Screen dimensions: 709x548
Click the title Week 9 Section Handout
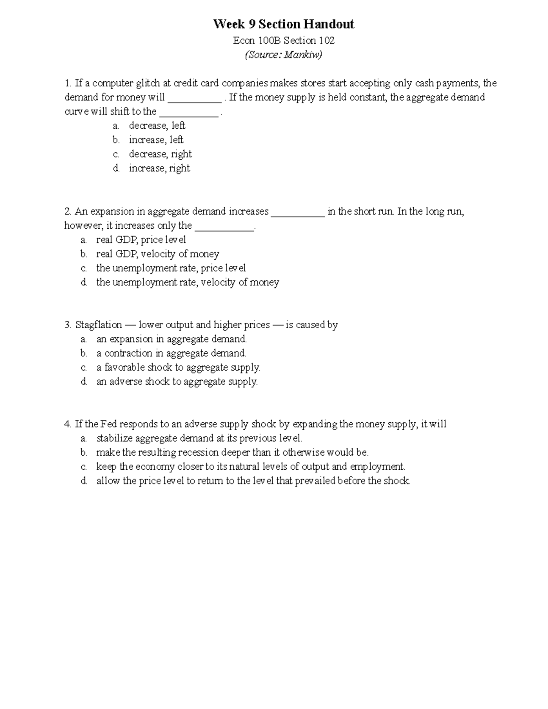[x=284, y=24]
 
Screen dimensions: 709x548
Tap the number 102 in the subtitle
[x=327, y=41]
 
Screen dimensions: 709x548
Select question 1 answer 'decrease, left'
[x=157, y=126]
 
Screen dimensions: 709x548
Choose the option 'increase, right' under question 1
[x=159, y=168]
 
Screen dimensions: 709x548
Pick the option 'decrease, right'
[x=160, y=154]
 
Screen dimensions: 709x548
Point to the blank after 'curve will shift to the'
[x=189, y=112]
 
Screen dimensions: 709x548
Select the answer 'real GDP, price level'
[x=141, y=240]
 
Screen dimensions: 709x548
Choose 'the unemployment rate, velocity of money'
[x=187, y=283]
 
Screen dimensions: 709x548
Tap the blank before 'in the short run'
[x=298, y=212]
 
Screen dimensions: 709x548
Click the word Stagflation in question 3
[x=99, y=325]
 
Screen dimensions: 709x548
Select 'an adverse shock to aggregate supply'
[x=177, y=382]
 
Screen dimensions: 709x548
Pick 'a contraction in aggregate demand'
[x=171, y=353]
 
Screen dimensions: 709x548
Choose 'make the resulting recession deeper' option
[x=232, y=452]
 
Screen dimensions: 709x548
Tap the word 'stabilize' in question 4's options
[x=114, y=438]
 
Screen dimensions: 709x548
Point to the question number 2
[x=68, y=211]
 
